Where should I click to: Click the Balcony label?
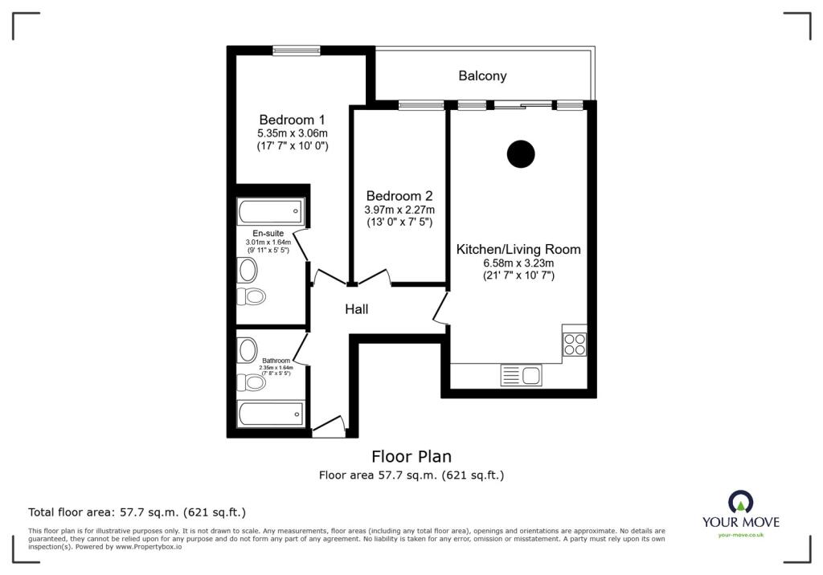482,76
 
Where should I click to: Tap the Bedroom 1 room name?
292,120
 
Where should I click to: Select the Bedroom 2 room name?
399,196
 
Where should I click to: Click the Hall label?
356,309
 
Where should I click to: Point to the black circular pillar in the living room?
521,154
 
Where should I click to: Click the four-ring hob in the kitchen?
574,345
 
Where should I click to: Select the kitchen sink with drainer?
521,375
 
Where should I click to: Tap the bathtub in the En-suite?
270,211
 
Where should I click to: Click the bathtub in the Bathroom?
270,414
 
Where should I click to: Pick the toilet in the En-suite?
251,296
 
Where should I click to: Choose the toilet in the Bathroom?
251,382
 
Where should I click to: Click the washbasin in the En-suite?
248,271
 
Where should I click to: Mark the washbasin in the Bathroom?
248,350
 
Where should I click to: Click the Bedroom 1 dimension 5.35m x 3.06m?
293,133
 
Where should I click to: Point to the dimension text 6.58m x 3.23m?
518,263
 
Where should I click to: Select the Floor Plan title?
411,456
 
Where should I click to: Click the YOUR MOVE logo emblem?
740,502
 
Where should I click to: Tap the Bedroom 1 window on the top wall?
296,51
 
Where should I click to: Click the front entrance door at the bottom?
329,426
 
